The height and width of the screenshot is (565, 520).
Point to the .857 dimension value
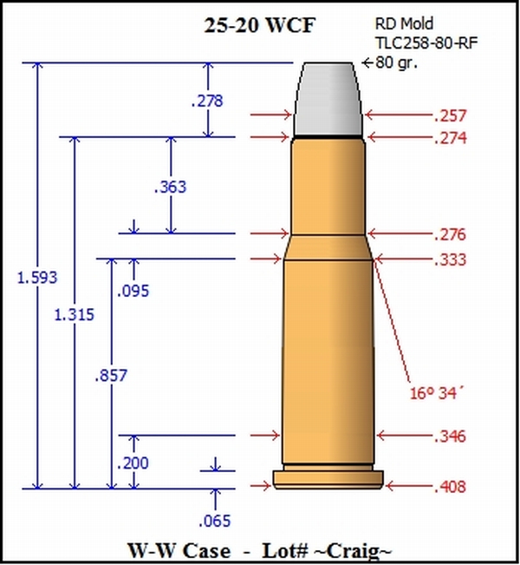(111, 375)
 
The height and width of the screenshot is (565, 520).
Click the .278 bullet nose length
(206, 101)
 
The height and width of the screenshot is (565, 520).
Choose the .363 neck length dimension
(170, 186)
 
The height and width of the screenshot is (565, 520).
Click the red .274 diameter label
(450, 138)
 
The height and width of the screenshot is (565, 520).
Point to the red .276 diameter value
(450, 234)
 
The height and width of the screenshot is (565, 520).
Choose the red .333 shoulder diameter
(450, 260)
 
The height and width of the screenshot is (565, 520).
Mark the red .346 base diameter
(450, 436)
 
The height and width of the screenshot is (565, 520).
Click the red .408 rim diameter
(450, 487)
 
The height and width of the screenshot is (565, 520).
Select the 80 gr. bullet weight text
(398, 62)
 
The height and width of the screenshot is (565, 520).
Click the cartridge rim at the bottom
(328, 478)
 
